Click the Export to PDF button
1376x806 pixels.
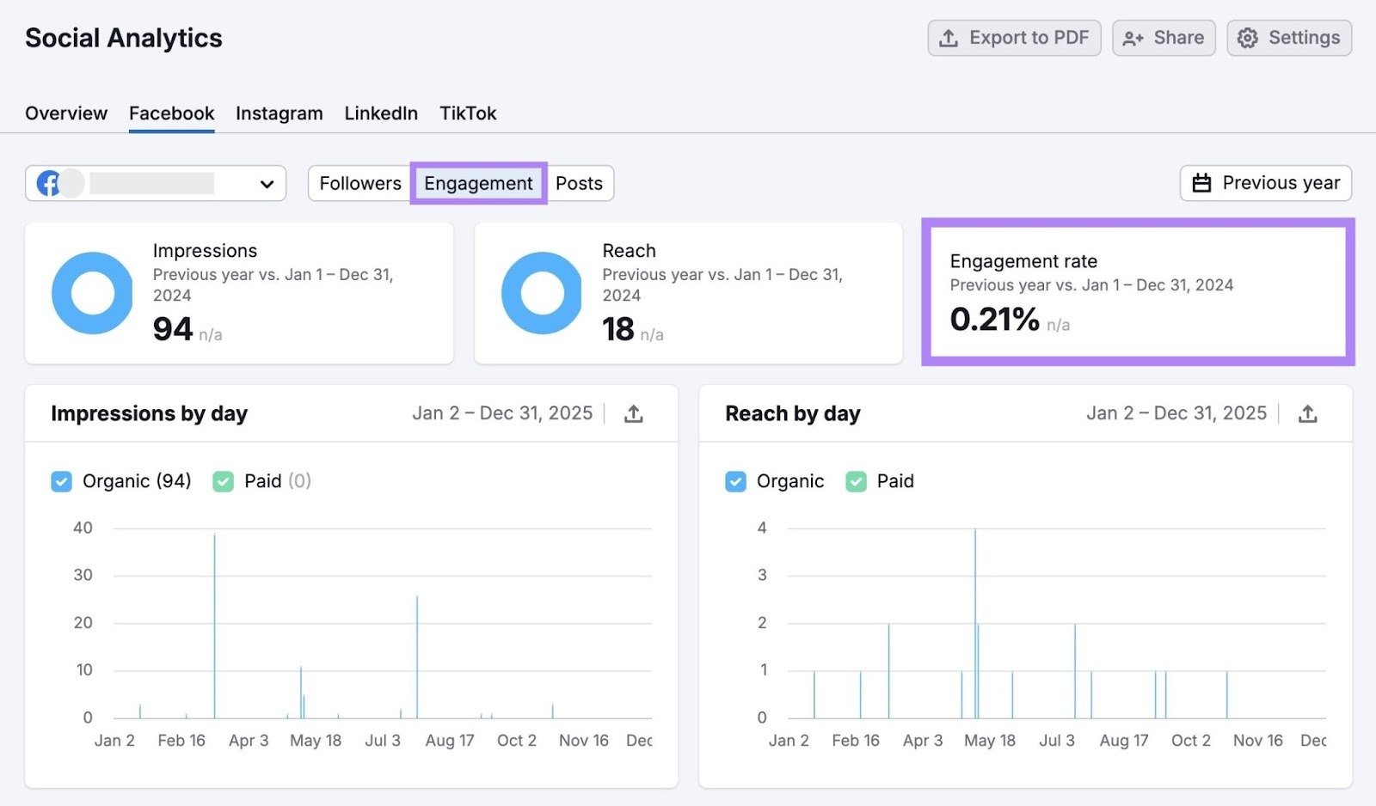(1014, 38)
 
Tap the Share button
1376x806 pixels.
(1164, 38)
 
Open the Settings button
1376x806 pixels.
(1289, 38)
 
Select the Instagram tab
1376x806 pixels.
(279, 113)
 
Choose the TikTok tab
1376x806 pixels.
(468, 113)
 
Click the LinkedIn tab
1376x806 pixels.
(381, 113)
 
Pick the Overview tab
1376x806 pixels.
(66, 113)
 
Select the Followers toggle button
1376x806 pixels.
(360, 183)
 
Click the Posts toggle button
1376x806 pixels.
(579, 183)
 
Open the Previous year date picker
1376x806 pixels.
(1266, 183)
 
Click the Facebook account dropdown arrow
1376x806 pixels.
(267, 184)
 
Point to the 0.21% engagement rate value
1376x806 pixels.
(994, 320)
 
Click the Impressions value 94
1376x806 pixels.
(173, 329)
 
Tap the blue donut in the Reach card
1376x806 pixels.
(542, 293)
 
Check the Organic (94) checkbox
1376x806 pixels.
(62, 481)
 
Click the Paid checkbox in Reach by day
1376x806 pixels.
(856, 481)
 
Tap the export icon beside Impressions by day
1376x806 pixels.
(634, 414)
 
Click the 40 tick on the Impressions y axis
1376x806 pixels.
(83, 528)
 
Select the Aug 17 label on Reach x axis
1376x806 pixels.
(1123, 741)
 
